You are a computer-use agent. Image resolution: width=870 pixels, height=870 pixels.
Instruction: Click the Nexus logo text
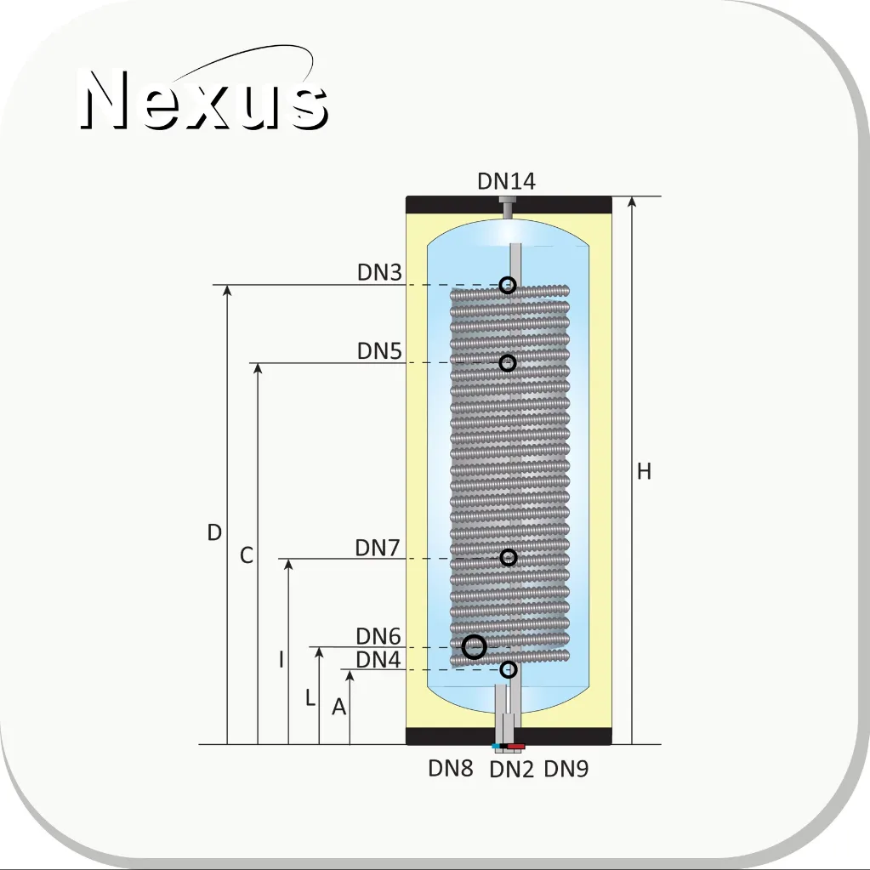coord(203,100)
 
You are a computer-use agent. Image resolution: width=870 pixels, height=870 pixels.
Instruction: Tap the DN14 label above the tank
coord(506,181)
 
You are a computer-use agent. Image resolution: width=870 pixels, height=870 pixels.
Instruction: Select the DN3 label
coord(379,272)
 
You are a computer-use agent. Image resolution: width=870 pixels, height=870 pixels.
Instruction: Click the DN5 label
coord(379,351)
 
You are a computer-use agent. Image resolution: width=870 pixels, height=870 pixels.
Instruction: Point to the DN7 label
coord(378,548)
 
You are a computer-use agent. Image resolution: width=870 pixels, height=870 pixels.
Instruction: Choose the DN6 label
coord(378,636)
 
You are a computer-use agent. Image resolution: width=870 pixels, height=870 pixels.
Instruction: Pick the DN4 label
coord(378,660)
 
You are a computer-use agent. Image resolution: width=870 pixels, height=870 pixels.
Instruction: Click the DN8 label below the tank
coord(451,769)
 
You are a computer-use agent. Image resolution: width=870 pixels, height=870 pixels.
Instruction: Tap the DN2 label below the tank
coord(512,770)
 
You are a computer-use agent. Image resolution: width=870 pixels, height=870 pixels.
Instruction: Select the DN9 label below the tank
coord(566,769)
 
